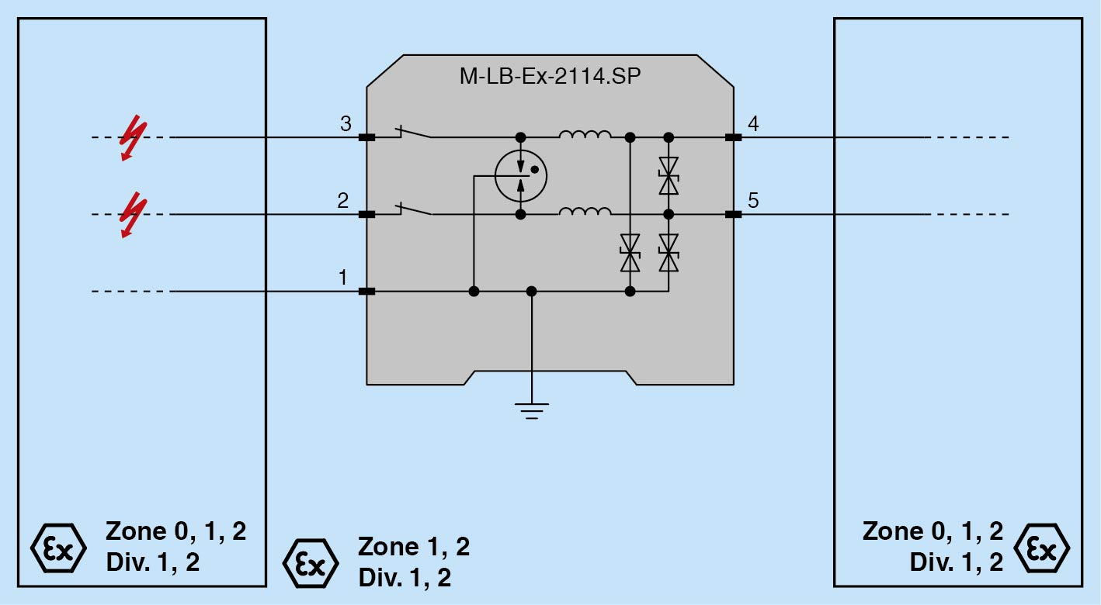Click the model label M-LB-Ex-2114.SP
[550, 76]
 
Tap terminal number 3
[346, 124]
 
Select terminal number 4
[753, 124]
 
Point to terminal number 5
[753, 200]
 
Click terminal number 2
[343, 200]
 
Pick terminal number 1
[343, 278]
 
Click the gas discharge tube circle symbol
[520, 176]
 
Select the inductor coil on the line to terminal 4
[585, 134]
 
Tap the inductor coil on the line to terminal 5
[585, 211]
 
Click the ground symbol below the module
[531, 411]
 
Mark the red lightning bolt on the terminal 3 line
[134, 137]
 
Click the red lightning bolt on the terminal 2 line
[134, 215]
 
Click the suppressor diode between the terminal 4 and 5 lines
[669, 176]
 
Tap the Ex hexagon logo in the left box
[58, 548]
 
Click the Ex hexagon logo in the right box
[1041, 548]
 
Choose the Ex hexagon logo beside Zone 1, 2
[311, 563]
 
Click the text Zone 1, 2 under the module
[414, 547]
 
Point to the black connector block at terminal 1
[366, 292]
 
